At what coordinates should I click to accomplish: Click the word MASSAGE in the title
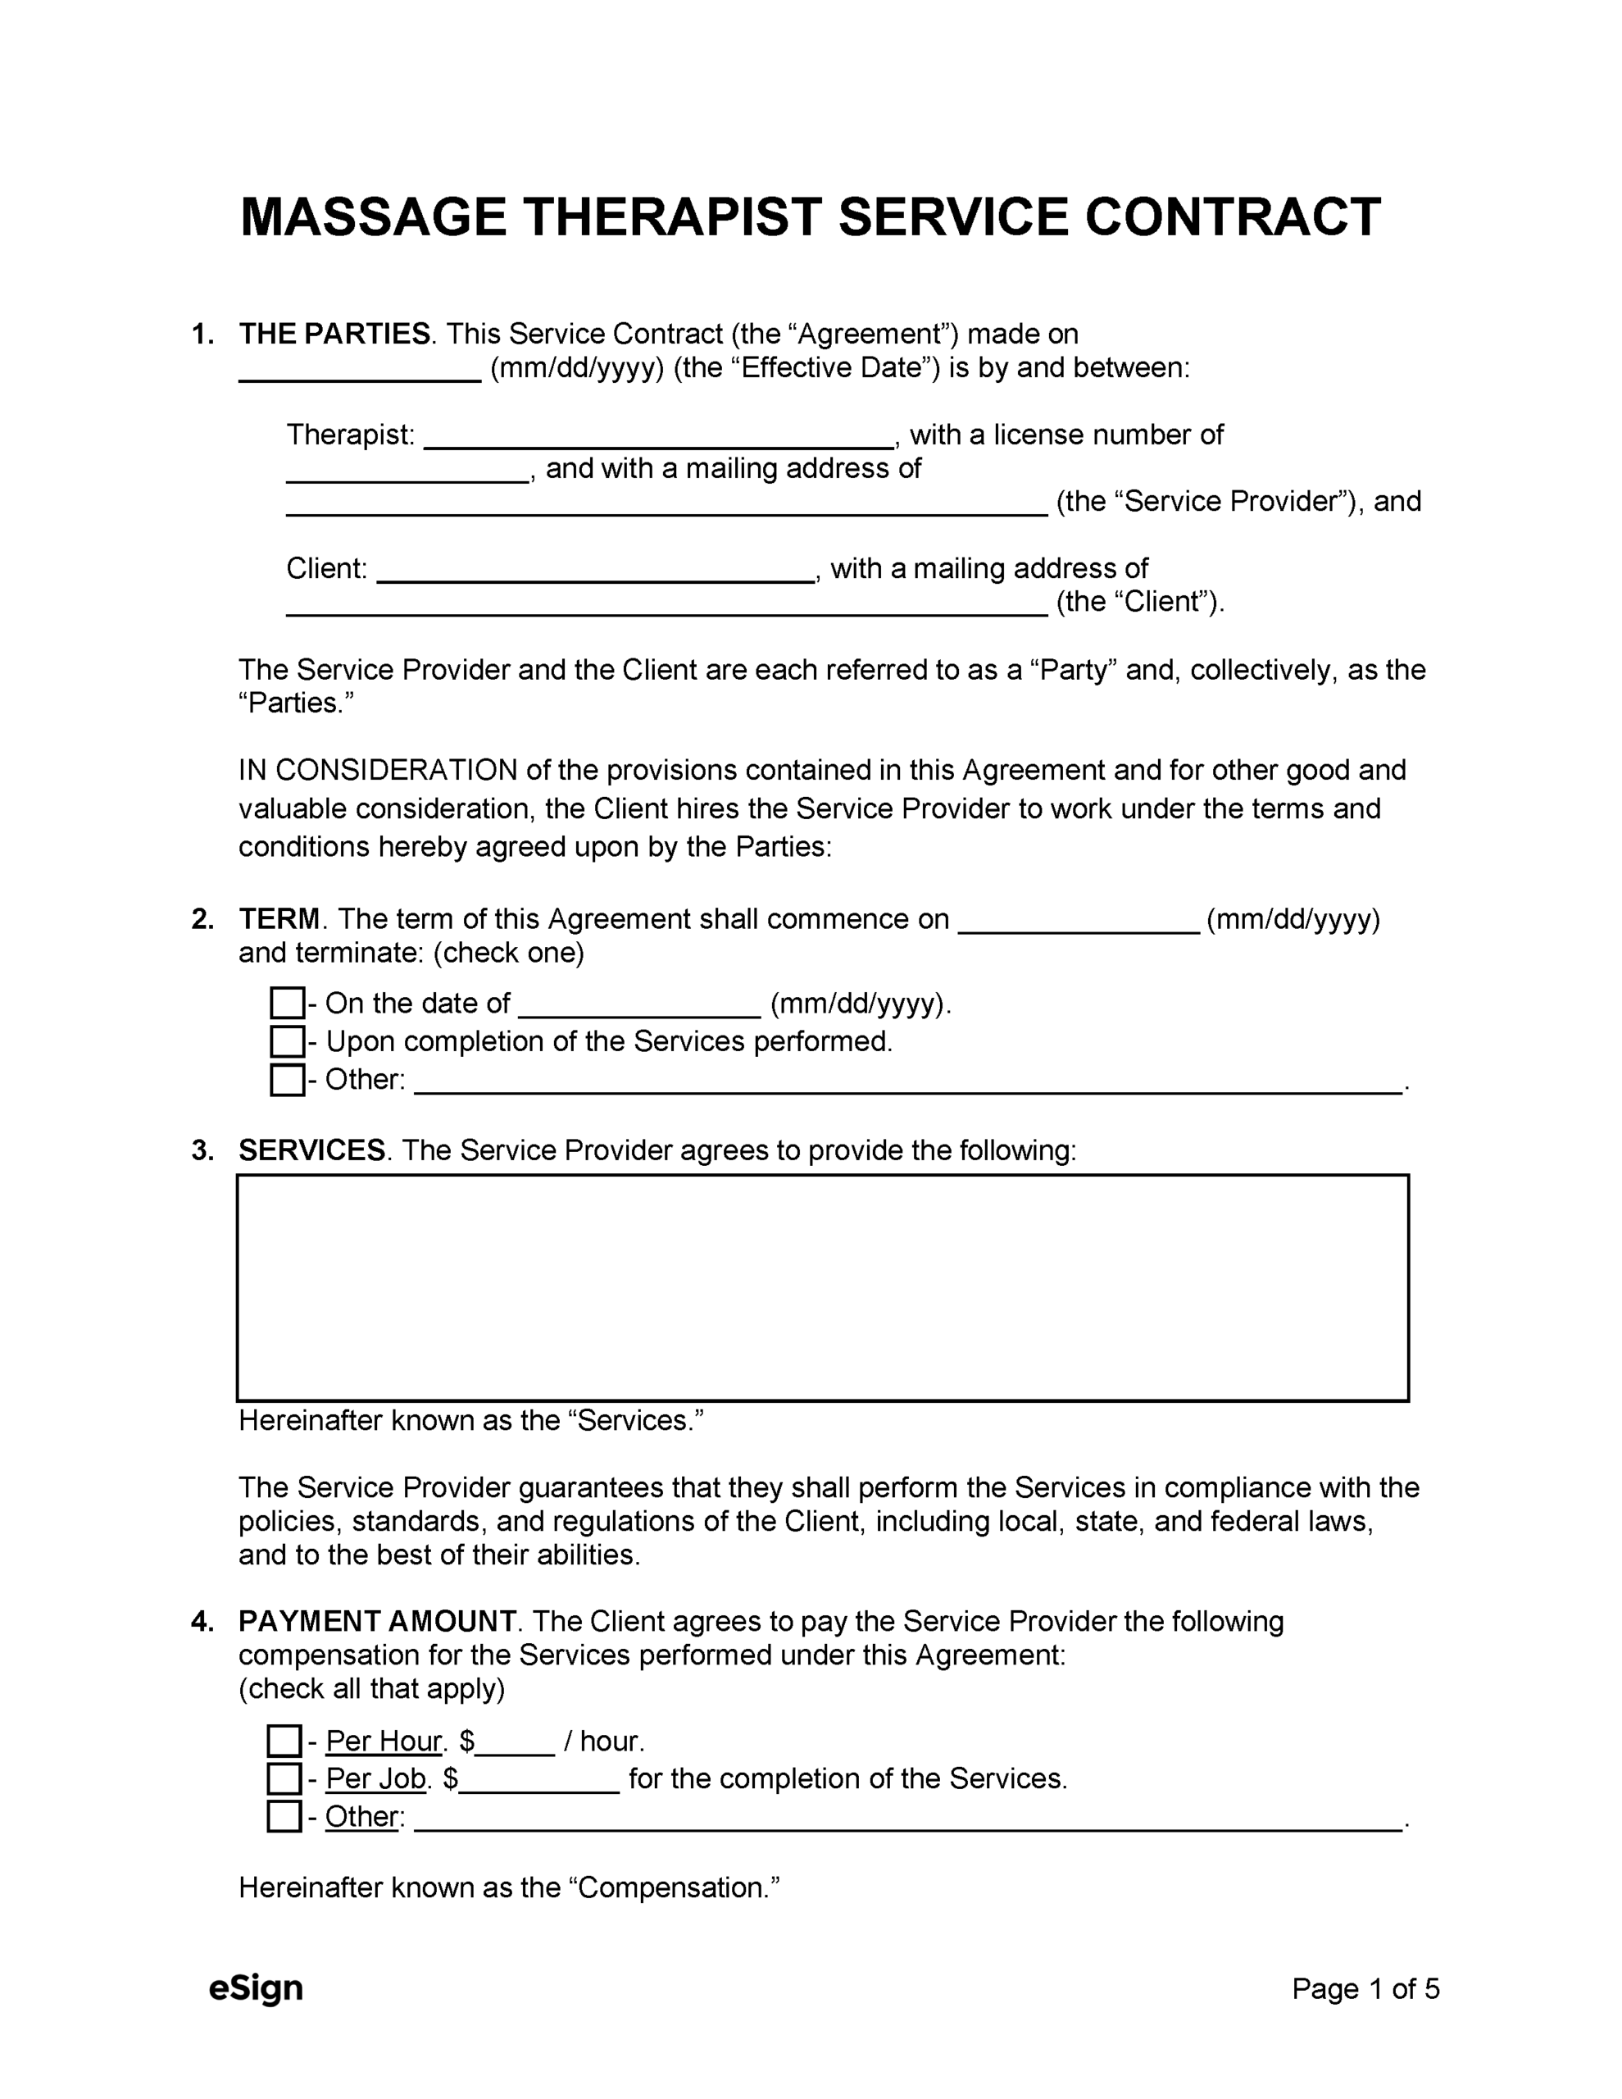(373, 217)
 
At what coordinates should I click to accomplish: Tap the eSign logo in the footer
(256, 1987)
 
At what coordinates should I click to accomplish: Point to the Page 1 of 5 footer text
(1365, 1988)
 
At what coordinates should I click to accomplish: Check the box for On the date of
(286, 1004)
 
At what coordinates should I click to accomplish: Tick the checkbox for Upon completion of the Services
(286, 1042)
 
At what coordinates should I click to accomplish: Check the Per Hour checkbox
(284, 1741)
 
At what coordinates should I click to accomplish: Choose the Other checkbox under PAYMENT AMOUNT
(284, 1816)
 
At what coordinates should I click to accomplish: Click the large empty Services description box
(823, 1288)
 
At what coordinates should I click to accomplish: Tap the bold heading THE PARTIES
(334, 335)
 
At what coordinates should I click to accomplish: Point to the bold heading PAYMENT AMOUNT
(378, 1621)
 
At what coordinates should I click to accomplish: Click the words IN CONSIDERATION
(378, 771)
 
